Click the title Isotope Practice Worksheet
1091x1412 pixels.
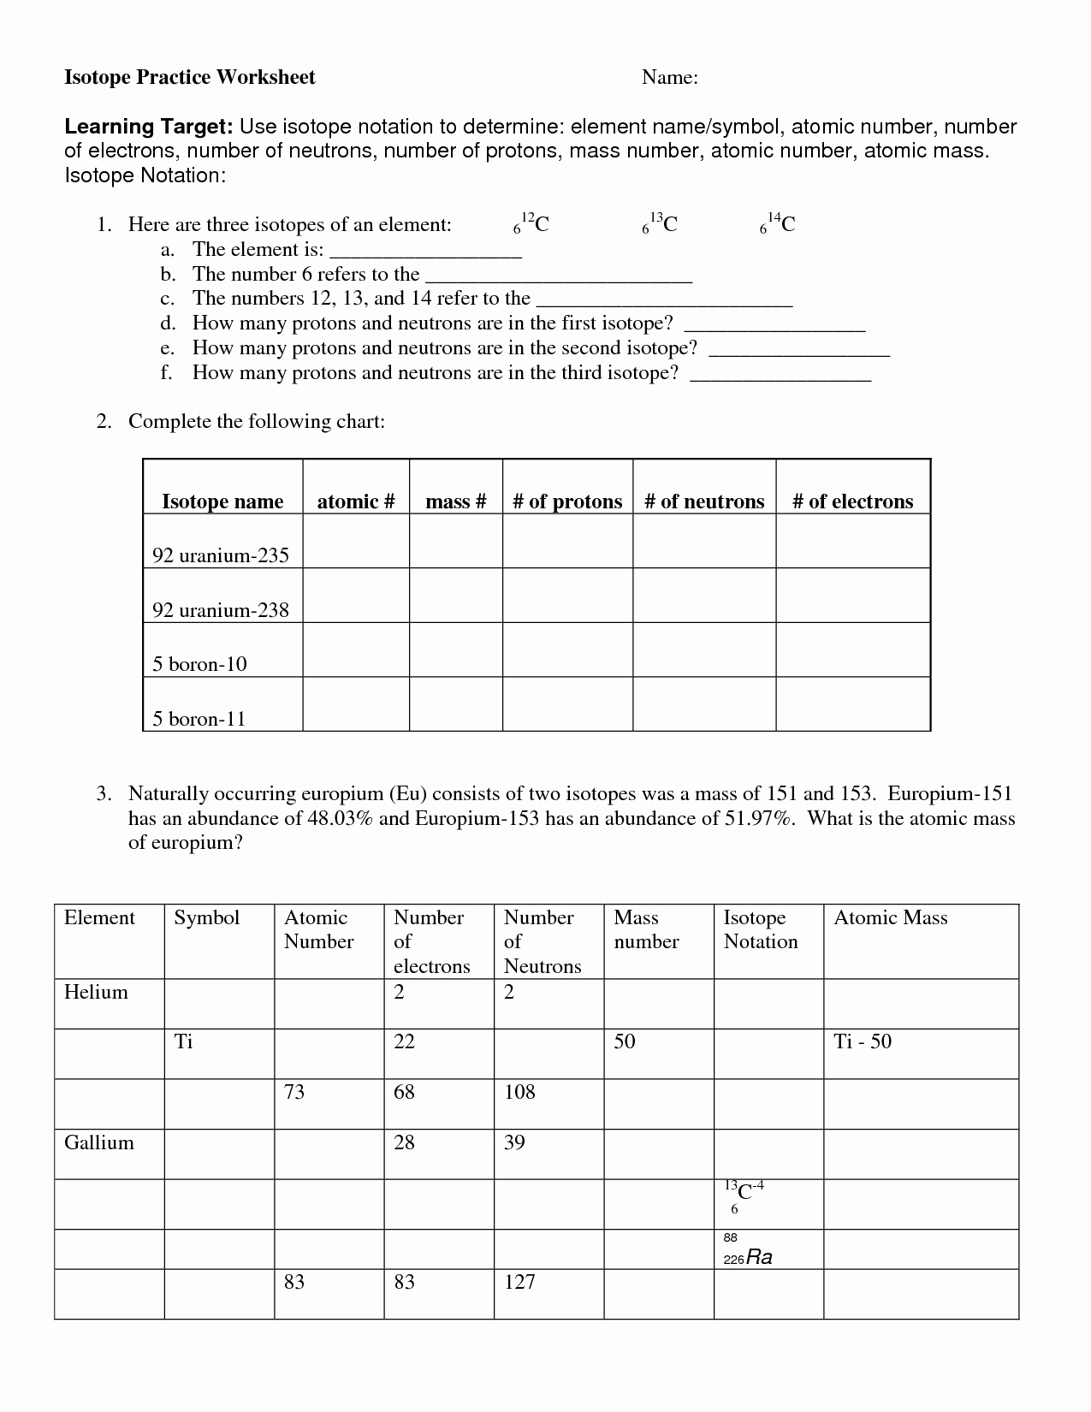(190, 78)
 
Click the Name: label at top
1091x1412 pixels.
(670, 78)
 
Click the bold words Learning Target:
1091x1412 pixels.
(149, 128)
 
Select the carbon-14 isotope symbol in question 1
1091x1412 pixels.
(778, 224)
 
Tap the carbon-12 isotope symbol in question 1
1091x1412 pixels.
(531, 224)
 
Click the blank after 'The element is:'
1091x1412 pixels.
(425, 251)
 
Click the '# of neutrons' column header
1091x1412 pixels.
(704, 501)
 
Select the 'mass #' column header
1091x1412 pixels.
(455, 501)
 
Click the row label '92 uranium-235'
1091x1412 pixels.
(221, 555)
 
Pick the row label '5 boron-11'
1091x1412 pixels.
(199, 719)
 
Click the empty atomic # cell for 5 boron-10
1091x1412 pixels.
(356, 650)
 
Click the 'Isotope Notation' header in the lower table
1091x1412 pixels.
(760, 930)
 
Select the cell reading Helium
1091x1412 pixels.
(96, 993)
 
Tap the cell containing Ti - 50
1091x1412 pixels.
(863, 1042)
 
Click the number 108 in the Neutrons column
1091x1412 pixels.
(519, 1092)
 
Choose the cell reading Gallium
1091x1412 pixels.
(99, 1142)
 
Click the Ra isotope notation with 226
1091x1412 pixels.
(749, 1257)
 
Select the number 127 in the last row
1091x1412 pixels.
(519, 1282)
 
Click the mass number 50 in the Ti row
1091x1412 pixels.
(625, 1042)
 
